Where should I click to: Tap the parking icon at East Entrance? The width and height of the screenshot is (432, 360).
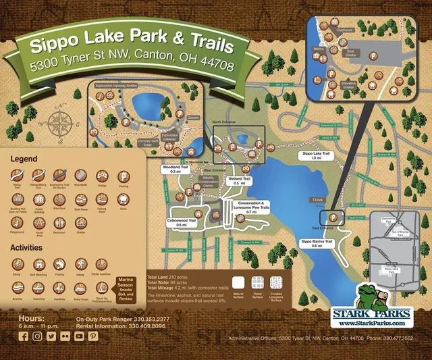click(333, 217)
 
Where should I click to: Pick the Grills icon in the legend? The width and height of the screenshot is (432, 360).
click(123, 199)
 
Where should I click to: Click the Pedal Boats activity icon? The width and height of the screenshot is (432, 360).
click(81, 286)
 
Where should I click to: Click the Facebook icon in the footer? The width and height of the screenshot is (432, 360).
click(24, 336)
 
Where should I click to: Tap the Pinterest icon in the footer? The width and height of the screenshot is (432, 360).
click(92, 336)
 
